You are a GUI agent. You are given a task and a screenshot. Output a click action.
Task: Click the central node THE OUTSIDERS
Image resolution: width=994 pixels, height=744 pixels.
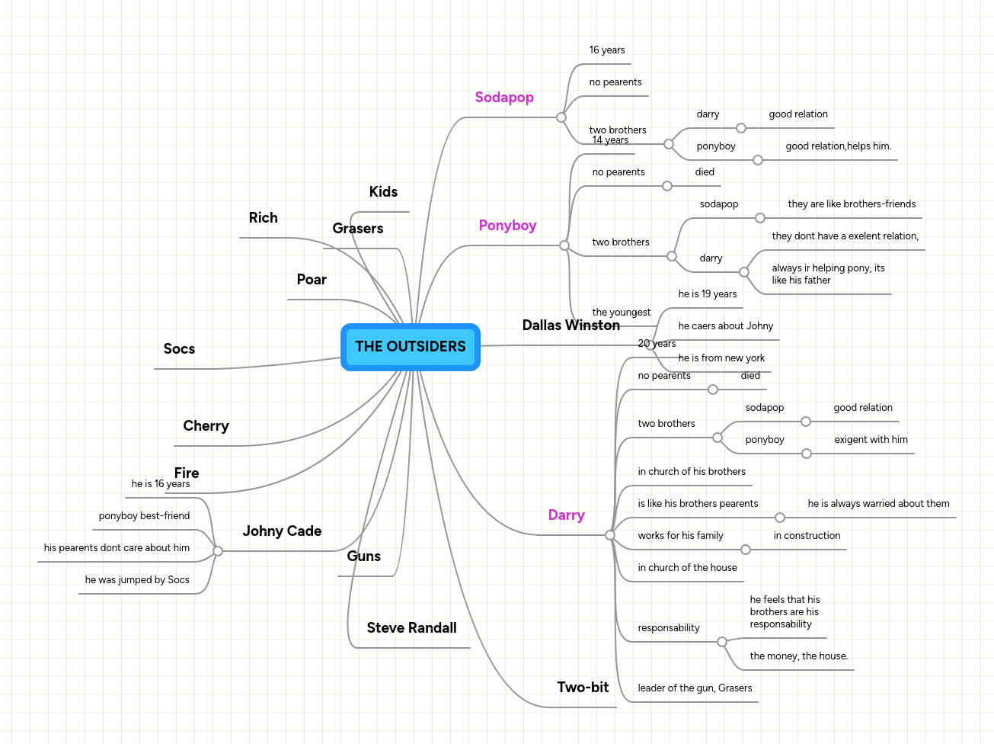411,347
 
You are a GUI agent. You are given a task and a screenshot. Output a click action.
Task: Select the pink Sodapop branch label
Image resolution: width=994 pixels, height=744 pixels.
504,98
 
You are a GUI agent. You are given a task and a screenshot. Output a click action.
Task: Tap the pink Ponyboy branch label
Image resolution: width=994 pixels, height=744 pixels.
507,226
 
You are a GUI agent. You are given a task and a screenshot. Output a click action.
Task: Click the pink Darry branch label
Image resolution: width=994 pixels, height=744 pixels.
566,515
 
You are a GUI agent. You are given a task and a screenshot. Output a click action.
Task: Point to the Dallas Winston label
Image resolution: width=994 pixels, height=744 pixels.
571,325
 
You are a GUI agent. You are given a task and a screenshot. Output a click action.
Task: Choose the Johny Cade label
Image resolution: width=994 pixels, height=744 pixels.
282,531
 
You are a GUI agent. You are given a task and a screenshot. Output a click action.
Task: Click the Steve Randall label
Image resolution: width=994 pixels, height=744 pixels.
411,628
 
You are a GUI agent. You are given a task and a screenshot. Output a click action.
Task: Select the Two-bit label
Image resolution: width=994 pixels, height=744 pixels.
583,688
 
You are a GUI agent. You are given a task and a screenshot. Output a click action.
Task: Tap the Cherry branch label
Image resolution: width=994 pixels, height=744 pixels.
206,426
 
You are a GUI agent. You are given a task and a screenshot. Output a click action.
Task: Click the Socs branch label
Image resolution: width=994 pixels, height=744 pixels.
179,349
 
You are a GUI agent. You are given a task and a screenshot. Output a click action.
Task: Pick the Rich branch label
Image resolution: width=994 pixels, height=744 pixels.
263,218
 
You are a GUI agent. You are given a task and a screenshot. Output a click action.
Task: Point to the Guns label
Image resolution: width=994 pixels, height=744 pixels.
363,556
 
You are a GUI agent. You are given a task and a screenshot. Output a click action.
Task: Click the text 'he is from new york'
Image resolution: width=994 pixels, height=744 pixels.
721,358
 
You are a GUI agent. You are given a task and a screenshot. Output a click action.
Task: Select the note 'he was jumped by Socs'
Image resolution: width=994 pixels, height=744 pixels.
137,580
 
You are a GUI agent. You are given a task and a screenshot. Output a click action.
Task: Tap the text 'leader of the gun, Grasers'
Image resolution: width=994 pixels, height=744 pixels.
695,688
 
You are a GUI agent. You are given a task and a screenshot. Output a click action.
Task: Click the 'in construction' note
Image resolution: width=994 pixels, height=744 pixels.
807,536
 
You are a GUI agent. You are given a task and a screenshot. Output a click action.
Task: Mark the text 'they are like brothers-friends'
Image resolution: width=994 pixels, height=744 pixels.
852,204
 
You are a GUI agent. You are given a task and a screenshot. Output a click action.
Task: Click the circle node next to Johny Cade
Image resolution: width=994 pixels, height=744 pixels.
218,550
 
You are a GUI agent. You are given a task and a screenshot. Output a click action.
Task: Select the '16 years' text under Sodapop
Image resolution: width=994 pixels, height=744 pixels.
606,50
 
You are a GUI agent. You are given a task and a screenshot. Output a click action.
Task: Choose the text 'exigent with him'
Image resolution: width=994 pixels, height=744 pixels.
871,440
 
